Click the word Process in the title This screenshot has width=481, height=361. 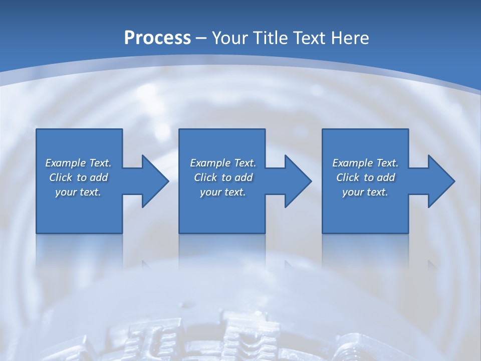157,38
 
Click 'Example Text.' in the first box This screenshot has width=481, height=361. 78,163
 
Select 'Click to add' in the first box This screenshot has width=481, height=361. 78,177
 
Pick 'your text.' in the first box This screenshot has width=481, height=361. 78,192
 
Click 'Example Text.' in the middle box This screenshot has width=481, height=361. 222,163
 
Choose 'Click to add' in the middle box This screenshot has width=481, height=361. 222,177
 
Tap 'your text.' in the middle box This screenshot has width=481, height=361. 222,192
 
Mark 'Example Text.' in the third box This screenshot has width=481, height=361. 365,163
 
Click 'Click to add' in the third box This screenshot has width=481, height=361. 365,177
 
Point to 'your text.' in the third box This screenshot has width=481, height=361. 365,192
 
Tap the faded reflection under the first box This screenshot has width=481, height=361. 79,251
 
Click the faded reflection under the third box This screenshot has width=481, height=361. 365,251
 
